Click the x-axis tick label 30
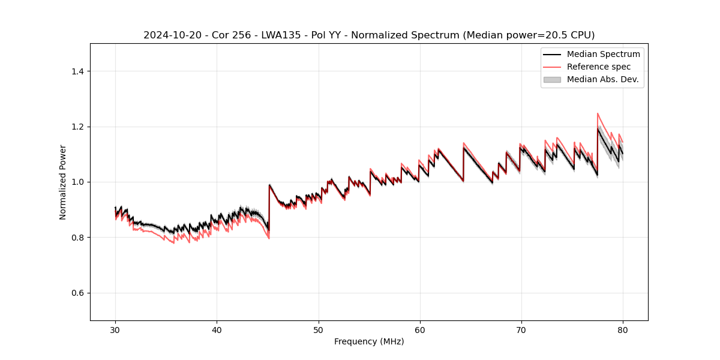115,330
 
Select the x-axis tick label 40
217,330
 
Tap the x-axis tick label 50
319,330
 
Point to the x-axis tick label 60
420,330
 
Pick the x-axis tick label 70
521,330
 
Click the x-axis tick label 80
623,330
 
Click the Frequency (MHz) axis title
369,341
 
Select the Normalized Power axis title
63,182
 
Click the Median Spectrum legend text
603,54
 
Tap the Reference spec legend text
598,67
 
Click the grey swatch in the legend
552,79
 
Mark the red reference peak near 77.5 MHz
598,113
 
